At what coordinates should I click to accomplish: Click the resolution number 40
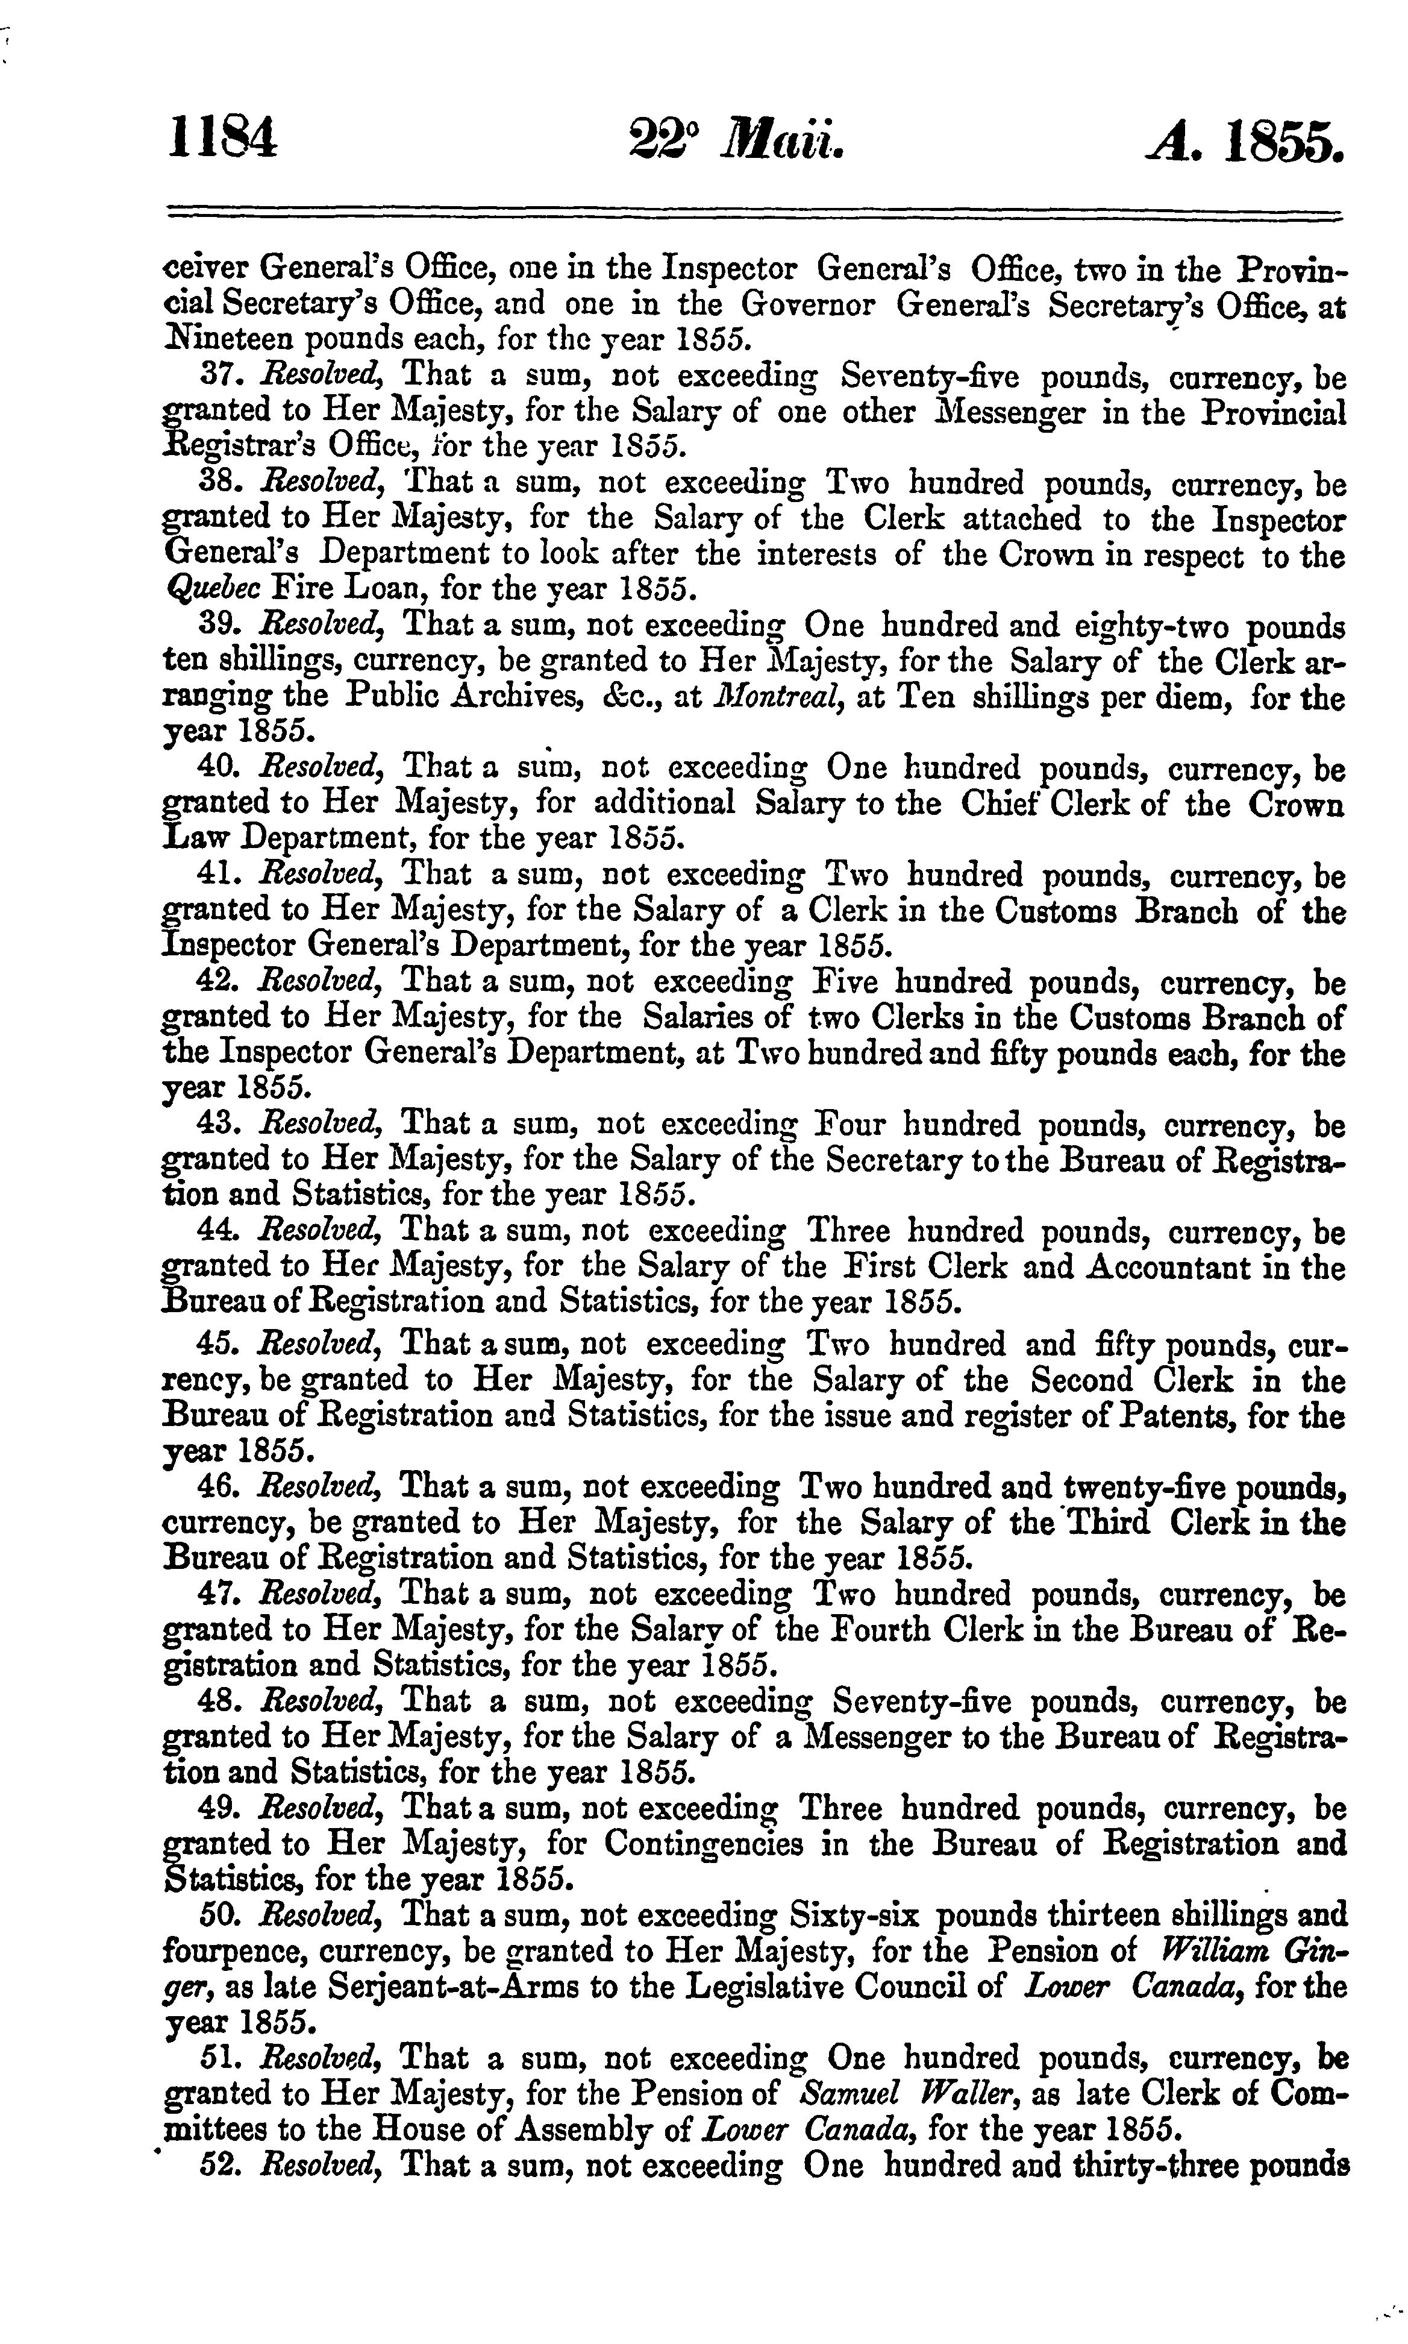pos(220,768)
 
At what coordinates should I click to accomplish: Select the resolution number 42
pos(220,982)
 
